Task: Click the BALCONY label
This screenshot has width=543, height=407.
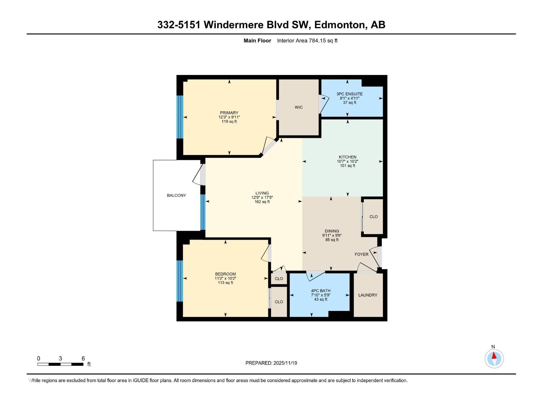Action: coord(176,195)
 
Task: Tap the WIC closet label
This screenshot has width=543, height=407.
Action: coord(299,107)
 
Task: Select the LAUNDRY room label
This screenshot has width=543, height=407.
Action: coord(368,295)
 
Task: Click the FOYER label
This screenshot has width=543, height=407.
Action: coord(361,254)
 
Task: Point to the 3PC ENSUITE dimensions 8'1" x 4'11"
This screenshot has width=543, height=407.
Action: coord(350,98)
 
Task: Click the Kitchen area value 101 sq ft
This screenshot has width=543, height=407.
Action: coord(348,166)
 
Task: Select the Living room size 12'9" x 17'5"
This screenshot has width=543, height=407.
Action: coord(262,197)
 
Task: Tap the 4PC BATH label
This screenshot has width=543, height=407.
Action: coord(321,291)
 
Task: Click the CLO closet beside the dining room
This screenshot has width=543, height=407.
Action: coord(373,217)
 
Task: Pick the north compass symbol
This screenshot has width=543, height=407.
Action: coord(494,358)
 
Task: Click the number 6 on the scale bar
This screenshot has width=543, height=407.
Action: coord(83,358)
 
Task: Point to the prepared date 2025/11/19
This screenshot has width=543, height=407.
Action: coord(285,363)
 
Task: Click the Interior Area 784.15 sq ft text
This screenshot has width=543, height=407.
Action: coord(307,41)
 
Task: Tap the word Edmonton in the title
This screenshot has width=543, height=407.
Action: coord(340,25)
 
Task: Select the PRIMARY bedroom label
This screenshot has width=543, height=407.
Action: coord(229,113)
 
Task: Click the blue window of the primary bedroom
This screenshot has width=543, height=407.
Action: coord(180,117)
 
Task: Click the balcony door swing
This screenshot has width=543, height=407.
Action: coord(198,175)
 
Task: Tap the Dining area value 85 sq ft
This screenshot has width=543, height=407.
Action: coord(332,240)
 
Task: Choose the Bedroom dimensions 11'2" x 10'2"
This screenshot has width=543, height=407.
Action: coord(225,278)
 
